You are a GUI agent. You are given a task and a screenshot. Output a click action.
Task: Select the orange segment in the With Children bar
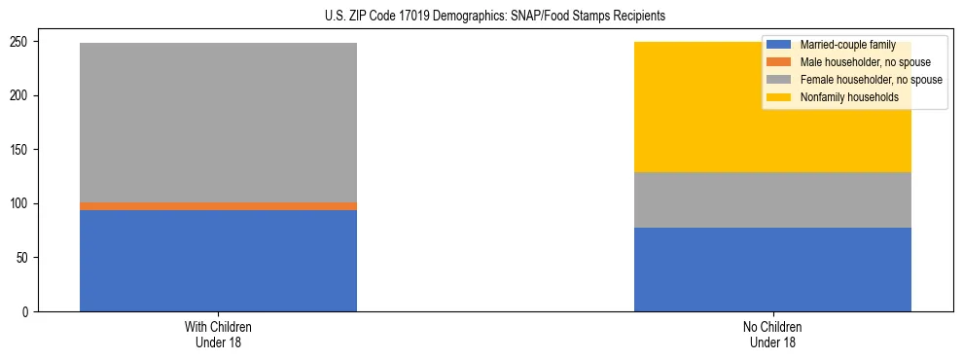click(x=218, y=206)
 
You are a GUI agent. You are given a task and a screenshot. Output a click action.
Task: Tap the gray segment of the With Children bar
click(x=218, y=123)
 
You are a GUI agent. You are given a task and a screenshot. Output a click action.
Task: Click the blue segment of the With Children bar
click(x=218, y=261)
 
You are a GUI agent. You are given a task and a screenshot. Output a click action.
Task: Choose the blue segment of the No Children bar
click(x=772, y=270)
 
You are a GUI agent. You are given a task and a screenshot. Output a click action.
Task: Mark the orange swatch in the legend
click(x=779, y=62)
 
